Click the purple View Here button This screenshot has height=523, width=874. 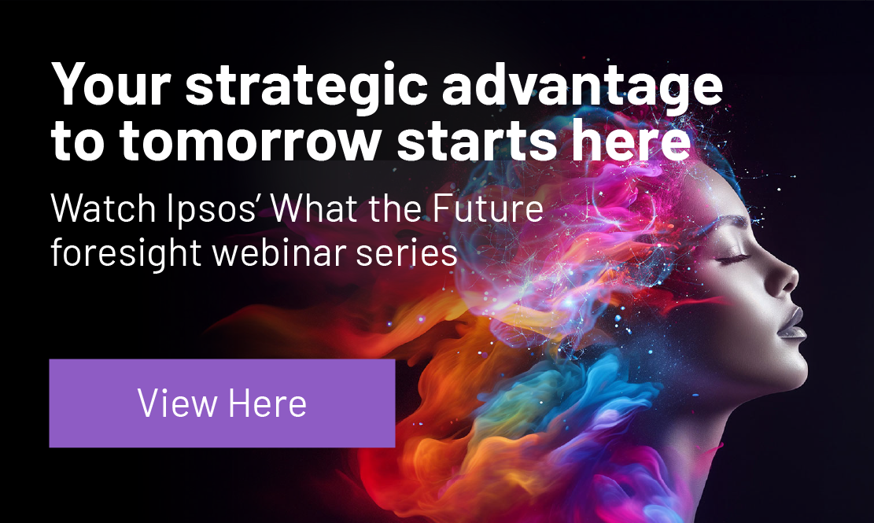[222, 403]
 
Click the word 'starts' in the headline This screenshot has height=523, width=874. [478, 140]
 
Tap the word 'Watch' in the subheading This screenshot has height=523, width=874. [103, 208]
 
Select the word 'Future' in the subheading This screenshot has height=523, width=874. [488, 208]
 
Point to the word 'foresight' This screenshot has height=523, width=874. [126, 253]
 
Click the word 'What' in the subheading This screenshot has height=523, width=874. [315, 208]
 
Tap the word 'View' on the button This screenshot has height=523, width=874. [177, 403]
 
